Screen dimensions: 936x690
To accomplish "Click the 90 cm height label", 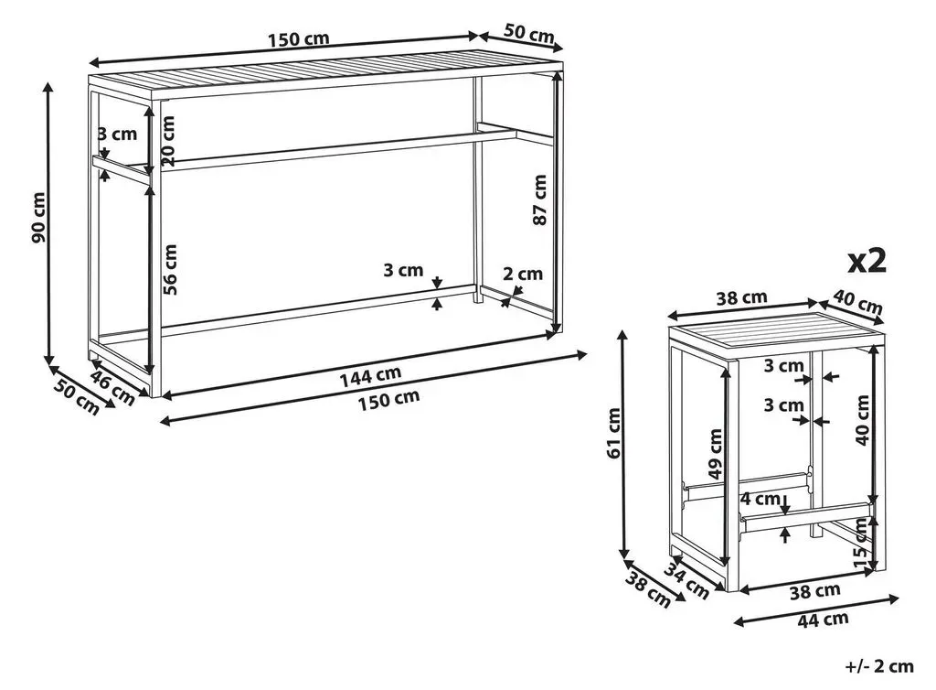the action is click(37, 218).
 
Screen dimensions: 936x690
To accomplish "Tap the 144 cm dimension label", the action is click(371, 376).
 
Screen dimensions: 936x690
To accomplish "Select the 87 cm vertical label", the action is click(539, 199).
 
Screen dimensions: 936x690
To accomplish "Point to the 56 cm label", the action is click(170, 269).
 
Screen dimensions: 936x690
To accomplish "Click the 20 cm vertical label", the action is click(168, 140).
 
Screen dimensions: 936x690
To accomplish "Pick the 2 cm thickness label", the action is click(523, 275).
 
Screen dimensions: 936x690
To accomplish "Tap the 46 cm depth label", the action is click(112, 388).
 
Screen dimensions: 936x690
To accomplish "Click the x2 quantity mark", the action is click(867, 261).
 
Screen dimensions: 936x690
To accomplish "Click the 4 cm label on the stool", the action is click(760, 498).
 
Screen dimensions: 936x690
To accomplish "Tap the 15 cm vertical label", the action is click(860, 544).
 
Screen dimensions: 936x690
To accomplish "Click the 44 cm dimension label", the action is click(824, 620).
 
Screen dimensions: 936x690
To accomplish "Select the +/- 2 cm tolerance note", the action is click(879, 666).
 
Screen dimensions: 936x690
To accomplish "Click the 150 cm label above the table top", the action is click(299, 39).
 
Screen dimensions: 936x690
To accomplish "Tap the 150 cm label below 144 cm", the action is click(389, 400).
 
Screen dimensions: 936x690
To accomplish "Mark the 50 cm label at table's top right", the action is click(529, 33).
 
